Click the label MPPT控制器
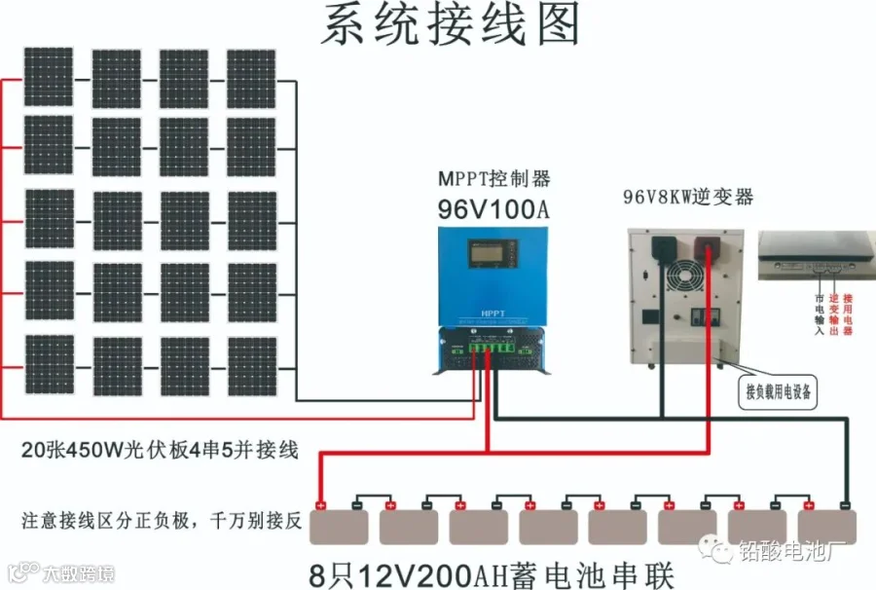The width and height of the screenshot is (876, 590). tap(493, 179)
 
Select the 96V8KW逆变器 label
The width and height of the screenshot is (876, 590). tap(688, 198)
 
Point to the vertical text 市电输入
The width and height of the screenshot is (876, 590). tap(819, 314)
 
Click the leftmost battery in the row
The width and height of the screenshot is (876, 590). tap(340, 527)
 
